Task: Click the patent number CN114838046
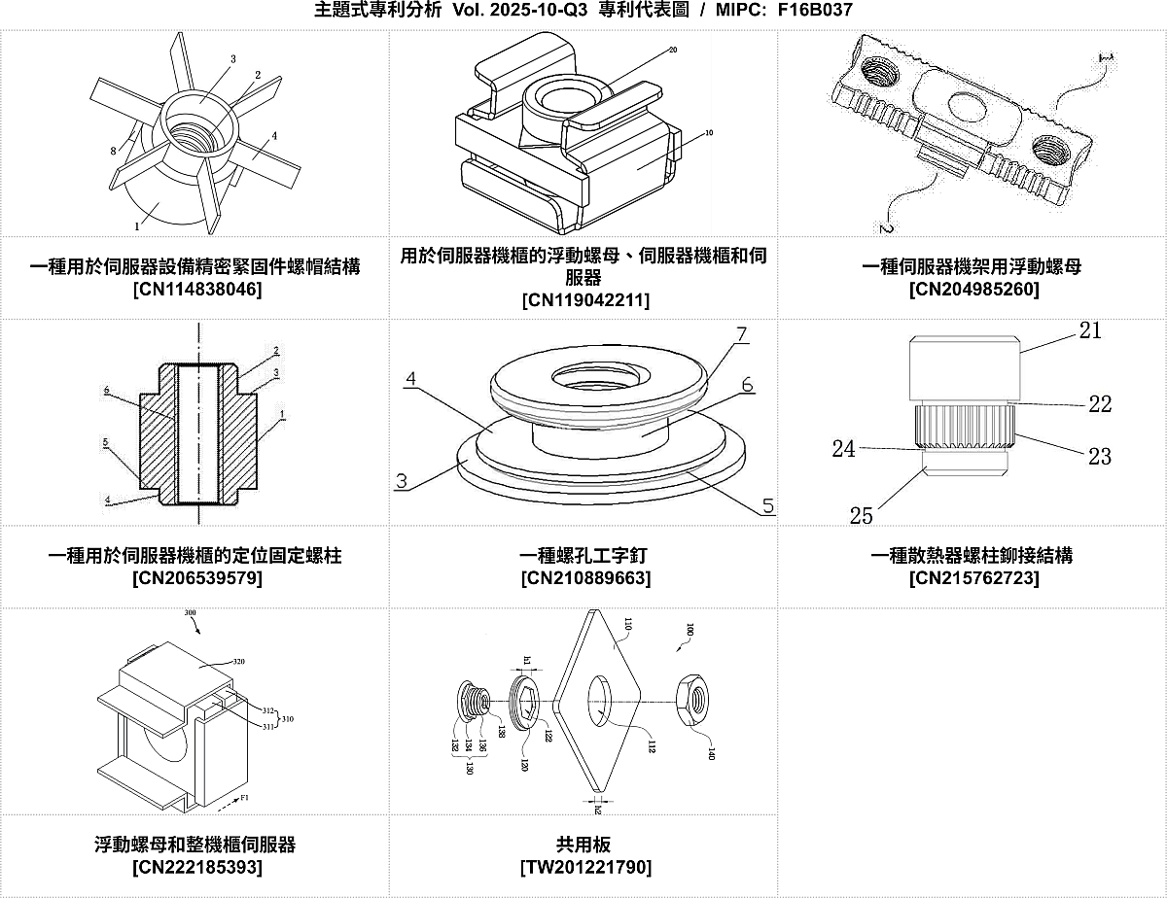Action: pos(195,290)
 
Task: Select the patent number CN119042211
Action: pos(584,299)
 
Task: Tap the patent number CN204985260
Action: pos(972,290)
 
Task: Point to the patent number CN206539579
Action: pos(195,578)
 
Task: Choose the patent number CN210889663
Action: pos(584,578)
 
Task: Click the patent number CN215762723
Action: pos(972,578)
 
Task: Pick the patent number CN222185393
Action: pos(195,866)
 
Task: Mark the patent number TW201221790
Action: pos(584,866)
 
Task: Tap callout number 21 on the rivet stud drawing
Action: pos(1090,330)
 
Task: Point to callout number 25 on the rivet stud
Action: pos(861,515)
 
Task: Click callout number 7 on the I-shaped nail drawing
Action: pos(741,334)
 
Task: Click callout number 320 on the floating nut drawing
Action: pos(238,662)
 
